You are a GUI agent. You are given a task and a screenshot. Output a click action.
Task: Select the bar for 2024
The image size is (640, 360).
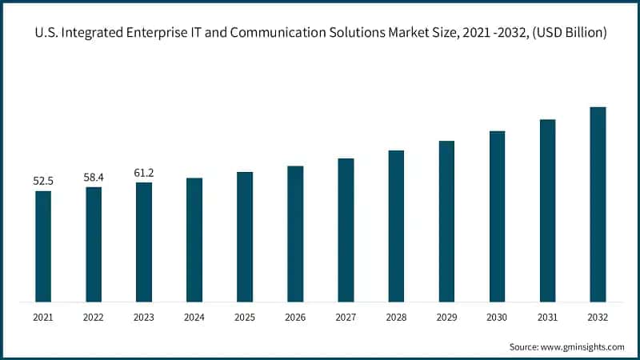pos(194,240)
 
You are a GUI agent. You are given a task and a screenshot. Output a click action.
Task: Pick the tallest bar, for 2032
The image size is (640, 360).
pos(598,205)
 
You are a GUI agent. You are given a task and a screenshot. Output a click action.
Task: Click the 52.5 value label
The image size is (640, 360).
pos(43,182)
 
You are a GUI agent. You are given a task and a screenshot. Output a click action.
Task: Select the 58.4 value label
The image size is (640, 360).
pos(94,176)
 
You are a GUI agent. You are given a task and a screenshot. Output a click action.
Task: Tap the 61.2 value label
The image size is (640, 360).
pos(144,173)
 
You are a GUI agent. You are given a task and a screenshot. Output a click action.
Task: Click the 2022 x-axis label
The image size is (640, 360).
pos(94,318)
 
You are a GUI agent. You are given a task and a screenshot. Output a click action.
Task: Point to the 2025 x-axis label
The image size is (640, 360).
pos(245,318)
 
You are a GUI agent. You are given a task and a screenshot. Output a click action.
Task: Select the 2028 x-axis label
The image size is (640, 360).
pos(396,318)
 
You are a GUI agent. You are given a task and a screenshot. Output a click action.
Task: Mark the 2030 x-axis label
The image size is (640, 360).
pos(497,318)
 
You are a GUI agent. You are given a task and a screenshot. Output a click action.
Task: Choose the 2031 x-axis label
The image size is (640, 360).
pos(547,318)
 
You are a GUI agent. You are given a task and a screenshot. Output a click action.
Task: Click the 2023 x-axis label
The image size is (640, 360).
pos(144,318)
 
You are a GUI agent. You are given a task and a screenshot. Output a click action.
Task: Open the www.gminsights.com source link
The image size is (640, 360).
pos(583,347)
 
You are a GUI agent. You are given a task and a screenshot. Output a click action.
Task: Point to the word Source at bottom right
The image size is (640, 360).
pos(524,347)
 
